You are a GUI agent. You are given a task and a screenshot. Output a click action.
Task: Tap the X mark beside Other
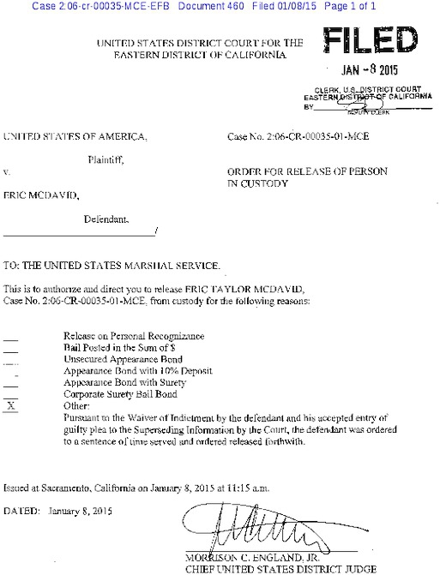tap(11, 405)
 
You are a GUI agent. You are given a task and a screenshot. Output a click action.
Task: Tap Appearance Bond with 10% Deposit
tap(137, 372)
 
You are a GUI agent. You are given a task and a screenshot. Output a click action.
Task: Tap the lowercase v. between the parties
tap(7, 172)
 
